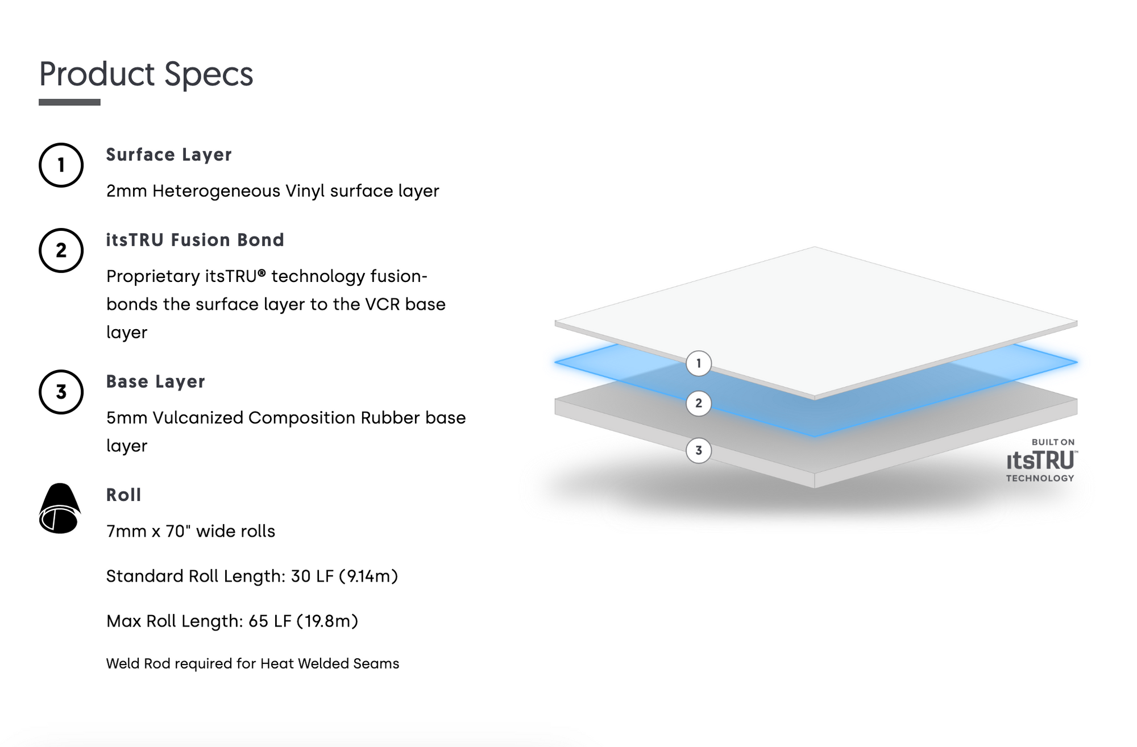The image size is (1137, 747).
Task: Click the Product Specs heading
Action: [x=146, y=74]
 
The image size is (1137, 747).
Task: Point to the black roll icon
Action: [x=60, y=508]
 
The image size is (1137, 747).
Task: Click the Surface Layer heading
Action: [x=169, y=155]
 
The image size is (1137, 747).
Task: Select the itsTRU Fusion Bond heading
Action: [x=195, y=240]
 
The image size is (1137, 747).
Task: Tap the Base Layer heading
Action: [x=155, y=381]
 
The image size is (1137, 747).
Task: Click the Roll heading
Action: [x=123, y=495]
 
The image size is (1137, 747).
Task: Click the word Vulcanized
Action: [x=198, y=418]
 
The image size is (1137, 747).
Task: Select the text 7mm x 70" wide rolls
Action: [x=190, y=531]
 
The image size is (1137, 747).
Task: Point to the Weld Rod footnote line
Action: [x=252, y=663]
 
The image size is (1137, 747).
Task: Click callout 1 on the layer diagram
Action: [x=699, y=363]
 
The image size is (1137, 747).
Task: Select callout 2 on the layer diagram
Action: [x=699, y=403]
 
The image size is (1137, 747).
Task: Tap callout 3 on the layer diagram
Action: [x=699, y=450]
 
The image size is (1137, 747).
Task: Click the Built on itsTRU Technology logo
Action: [x=1041, y=460]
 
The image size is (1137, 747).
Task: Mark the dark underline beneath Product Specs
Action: [x=69, y=102]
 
